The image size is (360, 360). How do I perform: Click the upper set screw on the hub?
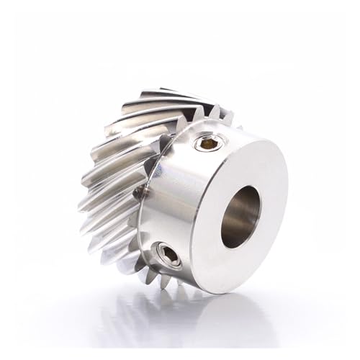209,144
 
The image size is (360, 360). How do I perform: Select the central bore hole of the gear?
240,216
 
